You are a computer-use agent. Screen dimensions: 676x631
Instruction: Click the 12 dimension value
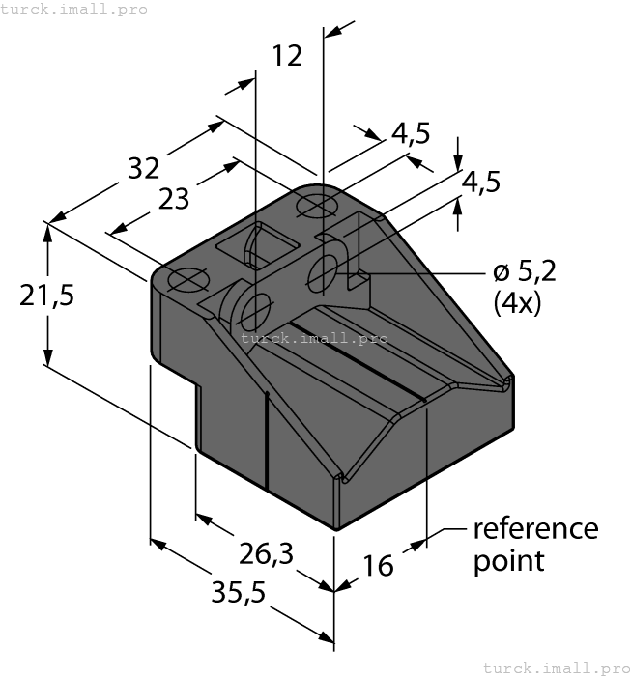(x=287, y=56)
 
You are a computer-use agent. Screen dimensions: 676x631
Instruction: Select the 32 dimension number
(x=144, y=168)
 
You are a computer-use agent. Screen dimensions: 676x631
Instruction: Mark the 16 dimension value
(x=379, y=565)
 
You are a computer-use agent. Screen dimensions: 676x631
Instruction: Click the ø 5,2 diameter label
(x=523, y=273)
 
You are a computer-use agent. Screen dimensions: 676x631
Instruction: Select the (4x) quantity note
(x=517, y=303)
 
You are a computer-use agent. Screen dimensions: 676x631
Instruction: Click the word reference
(x=535, y=529)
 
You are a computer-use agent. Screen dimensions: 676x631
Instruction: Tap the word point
(x=508, y=560)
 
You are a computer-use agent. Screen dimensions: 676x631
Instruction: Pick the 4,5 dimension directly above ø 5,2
(x=480, y=182)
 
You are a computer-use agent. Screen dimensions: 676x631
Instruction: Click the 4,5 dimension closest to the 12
(x=411, y=133)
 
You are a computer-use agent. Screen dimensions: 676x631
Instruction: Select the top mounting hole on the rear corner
(x=315, y=205)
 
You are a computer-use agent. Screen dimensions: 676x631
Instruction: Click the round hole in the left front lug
(x=256, y=311)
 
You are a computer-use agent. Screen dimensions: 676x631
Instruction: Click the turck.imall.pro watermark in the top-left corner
(x=73, y=9)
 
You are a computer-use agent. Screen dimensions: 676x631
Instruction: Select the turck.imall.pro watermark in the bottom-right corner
(x=555, y=667)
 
